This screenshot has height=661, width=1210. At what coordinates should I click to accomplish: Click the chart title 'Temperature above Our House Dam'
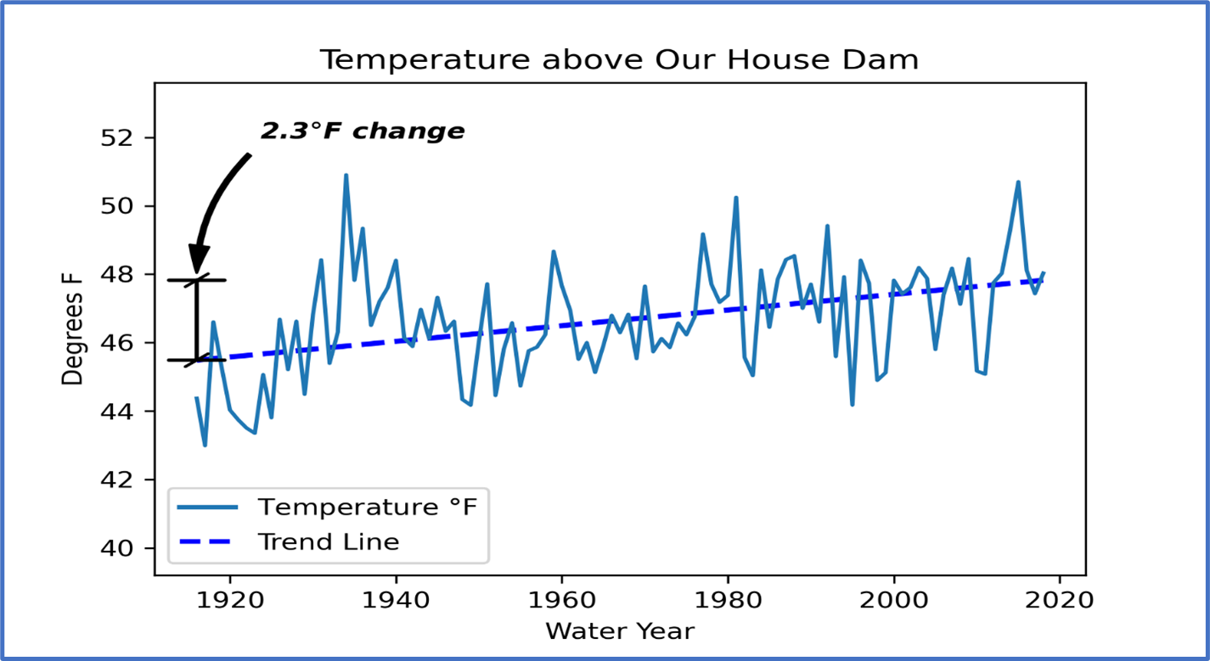click(x=618, y=60)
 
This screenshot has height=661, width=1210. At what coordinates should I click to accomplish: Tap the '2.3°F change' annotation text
click(x=363, y=132)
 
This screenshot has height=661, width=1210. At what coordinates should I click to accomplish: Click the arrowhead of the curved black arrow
click(x=200, y=258)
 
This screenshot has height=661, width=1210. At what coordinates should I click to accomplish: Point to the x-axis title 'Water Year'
click(x=619, y=631)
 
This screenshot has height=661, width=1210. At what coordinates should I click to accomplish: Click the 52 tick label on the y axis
click(x=117, y=137)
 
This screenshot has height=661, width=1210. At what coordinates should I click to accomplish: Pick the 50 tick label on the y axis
click(x=117, y=206)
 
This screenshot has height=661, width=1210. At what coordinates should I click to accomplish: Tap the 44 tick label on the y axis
click(x=117, y=412)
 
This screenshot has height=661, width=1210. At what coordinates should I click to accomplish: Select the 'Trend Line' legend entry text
click(x=329, y=541)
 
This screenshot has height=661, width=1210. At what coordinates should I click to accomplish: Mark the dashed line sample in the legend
click(x=207, y=541)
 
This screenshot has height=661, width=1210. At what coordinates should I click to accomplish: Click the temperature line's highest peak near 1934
click(x=346, y=175)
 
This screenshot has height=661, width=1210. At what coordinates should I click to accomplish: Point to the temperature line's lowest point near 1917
click(x=205, y=445)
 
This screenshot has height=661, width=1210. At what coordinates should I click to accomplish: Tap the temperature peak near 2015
click(x=1018, y=182)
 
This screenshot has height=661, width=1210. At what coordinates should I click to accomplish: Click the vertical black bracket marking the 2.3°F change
click(x=197, y=320)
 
